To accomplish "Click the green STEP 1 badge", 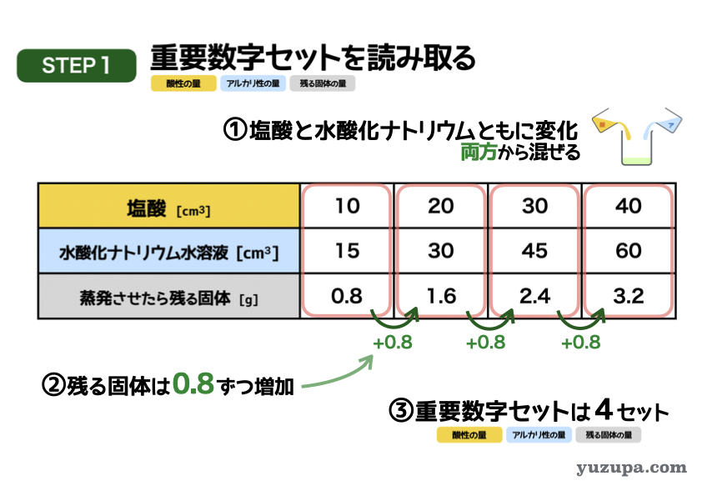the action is (77, 66).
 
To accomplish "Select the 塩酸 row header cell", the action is (168, 206).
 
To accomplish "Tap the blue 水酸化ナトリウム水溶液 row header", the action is (168, 251).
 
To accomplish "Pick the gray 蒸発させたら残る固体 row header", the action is (168, 296).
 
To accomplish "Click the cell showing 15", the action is (347, 251).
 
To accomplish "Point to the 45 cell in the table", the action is (534, 251).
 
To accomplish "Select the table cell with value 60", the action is (629, 251).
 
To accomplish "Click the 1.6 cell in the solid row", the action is (441, 296).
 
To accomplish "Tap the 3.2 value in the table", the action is (629, 296).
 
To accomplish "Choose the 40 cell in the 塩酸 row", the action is (629, 206).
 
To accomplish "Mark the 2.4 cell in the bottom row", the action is (534, 296).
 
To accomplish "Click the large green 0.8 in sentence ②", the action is (193, 383).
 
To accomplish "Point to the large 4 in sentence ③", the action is (604, 409).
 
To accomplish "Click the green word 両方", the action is (479, 152).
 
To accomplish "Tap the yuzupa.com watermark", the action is (631, 468).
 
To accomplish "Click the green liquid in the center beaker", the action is (636, 160).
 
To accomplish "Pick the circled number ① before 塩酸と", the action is (235, 130).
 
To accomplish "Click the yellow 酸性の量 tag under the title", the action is (183, 83).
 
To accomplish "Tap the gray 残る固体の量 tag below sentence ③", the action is (609, 434).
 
